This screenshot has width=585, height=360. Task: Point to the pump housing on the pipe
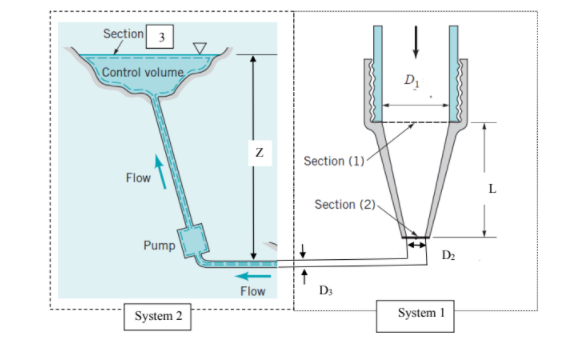point(190,241)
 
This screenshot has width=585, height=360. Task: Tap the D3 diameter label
point(324,290)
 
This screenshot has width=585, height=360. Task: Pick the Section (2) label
point(345,204)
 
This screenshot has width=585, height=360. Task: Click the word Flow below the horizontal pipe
point(253,291)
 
